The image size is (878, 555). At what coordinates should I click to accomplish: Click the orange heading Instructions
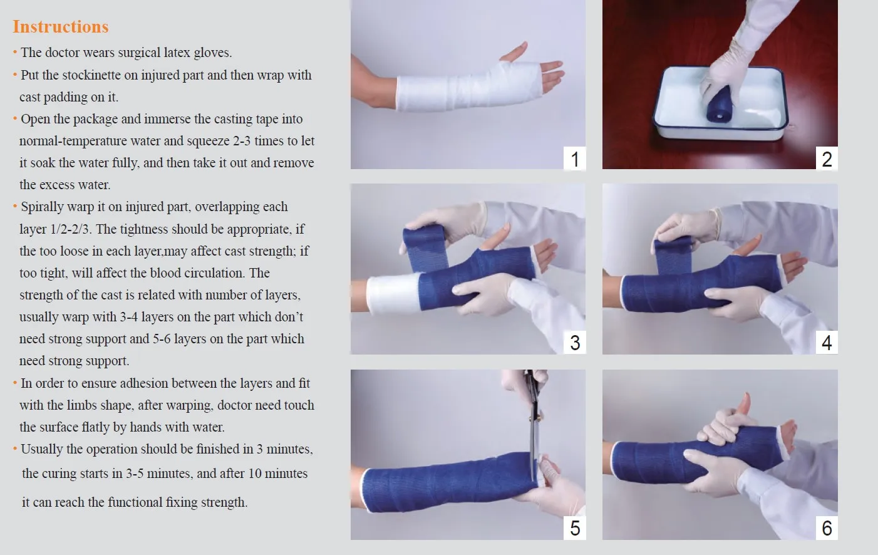coord(60,27)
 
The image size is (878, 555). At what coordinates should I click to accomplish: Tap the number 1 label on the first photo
coord(575,158)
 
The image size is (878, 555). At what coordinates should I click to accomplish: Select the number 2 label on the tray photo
coord(827,158)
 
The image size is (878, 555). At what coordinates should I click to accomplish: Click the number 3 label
coord(575,343)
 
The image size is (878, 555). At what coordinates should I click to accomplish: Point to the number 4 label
coord(827,343)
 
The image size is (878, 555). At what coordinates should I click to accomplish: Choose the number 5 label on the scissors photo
coord(575,528)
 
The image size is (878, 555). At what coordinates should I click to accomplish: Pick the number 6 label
coord(827,528)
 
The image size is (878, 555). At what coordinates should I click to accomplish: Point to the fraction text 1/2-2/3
coord(71,229)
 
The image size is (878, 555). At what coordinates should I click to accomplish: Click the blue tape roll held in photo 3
coord(426,247)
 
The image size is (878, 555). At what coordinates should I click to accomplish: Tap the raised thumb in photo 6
coord(744,406)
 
